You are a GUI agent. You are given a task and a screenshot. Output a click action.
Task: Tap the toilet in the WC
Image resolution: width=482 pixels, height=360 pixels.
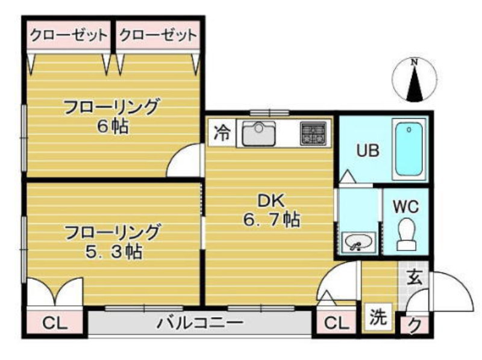pyautogui.click(x=406, y=234)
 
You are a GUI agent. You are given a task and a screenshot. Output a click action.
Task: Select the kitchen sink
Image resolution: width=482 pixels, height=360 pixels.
pyautogui.click(x=258, y=133)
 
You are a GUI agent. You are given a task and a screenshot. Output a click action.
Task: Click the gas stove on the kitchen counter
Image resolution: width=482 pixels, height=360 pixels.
pyautogui.click(x=313, y=133)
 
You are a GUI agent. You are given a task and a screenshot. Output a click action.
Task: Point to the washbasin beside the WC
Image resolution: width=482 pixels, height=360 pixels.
pyautogui.click(x=358, y=242)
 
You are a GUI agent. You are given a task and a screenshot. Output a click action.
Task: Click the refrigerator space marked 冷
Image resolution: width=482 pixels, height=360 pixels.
pyautogui.click(x=222, y=132)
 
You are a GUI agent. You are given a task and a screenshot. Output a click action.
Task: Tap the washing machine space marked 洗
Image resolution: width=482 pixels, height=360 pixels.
pyautogui.click(x=378, y=317)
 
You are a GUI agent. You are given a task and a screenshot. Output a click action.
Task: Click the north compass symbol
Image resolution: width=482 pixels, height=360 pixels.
pyautogui.click(x=415, y=80)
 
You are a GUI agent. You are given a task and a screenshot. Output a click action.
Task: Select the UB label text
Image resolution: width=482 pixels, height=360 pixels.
pyautogui.click(x=368, y=151)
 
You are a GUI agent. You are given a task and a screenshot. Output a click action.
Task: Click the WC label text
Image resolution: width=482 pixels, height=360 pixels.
pyautogui.click(x=405, y=206)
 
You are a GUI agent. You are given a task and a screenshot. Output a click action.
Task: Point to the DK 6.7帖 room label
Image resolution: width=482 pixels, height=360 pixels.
pyautogui.click(x=272, y=210)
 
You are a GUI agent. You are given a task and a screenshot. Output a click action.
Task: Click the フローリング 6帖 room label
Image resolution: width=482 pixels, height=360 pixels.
pyautogui.click(x=112, y=116)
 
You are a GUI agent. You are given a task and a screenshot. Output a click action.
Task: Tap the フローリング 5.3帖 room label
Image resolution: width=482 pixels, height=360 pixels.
pyautogui.click(x=113, y=242)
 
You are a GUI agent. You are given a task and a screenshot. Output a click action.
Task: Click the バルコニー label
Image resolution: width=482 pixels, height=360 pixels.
pyautogui.click(x=200, y=323)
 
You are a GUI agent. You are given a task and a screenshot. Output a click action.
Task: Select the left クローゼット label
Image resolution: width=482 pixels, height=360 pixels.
pyautogui.click(x=69, y=35)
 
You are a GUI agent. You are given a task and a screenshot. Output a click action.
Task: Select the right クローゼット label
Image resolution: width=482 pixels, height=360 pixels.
pyautogui.click(x=158, y=35)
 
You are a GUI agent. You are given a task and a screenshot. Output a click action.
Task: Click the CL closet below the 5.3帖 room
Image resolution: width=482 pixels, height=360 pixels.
pyautogui.click(x=55, y=323)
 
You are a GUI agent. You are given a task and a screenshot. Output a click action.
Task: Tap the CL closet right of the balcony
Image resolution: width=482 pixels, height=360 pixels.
pyautogui.click(x=336, y=323)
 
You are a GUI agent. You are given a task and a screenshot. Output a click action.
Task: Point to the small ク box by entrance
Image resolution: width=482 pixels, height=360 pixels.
pyautogui.click(x=415, y=325)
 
